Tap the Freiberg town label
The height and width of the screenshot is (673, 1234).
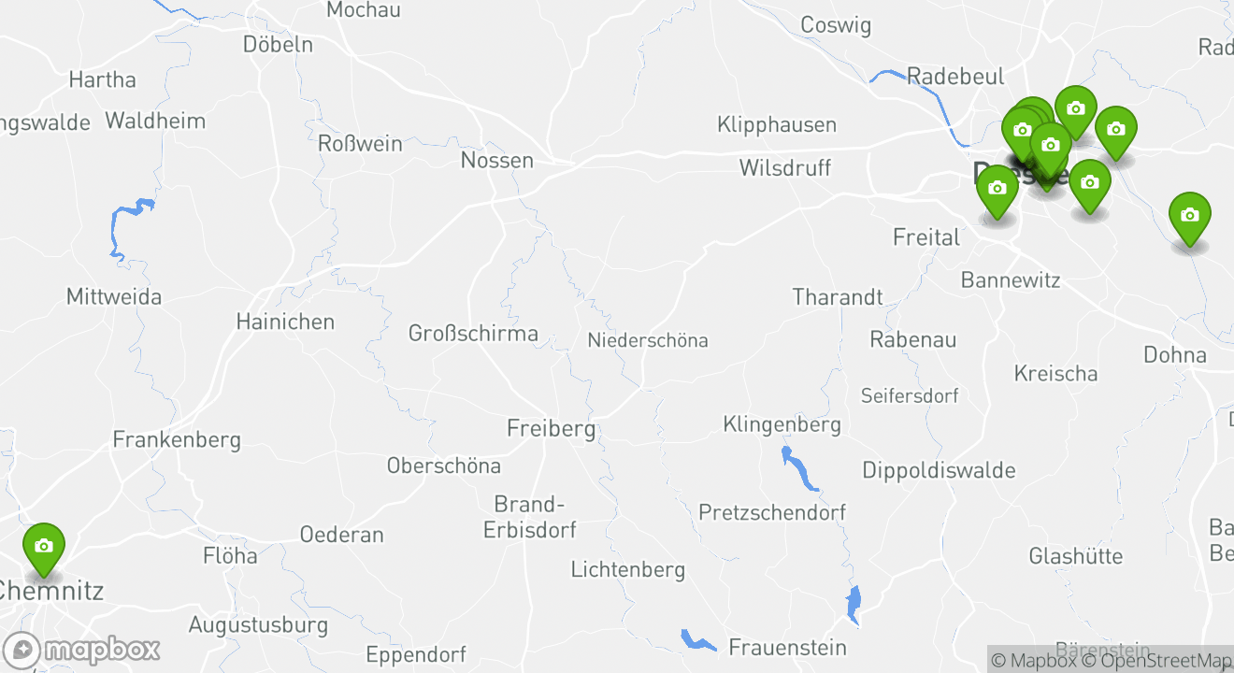pos(551,429)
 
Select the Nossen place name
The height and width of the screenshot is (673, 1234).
pos(496,161)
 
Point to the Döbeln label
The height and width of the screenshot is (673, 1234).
pos(278,44)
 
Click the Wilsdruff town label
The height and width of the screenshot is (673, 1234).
pos(784,168)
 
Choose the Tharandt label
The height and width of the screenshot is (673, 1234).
pos(837,297)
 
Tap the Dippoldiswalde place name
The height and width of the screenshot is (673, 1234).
pos(939,470)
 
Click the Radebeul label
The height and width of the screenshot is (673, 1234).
pos(955,77)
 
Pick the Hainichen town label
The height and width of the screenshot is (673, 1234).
pos(285,322)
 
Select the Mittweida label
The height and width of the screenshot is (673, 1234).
pos(114,297)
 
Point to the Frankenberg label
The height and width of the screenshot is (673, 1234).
pos(177,439)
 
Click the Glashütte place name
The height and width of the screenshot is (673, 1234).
pos(1075,556)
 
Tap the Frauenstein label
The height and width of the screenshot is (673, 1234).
pos(787,647)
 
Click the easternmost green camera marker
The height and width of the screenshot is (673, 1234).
pos(1189,217)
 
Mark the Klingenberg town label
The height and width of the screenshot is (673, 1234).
pos(782,424)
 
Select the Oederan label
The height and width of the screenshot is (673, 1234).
pos(341,535)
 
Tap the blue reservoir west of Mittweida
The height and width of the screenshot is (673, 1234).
pos(129,225)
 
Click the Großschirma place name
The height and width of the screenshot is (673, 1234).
pos(473,333)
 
